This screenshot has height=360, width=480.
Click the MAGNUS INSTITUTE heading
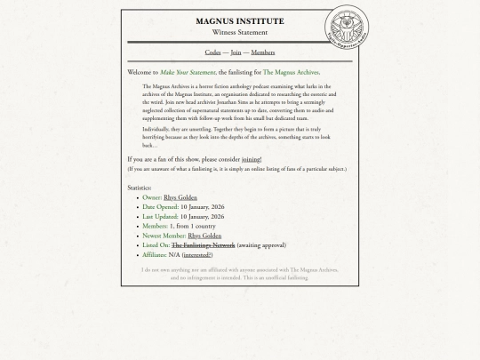(239, 21)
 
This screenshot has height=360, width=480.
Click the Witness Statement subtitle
(239, 33)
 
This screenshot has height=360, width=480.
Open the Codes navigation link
(212, 52)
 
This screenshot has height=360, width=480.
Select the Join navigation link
(236, 52)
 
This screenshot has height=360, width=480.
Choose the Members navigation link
(262, 52)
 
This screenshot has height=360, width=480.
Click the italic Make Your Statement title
(188, 72)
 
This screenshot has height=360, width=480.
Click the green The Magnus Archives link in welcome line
(291, 72)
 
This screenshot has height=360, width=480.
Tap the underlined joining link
(251, 159)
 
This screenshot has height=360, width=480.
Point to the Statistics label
(140, 188)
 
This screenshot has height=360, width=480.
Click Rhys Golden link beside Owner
(180, 197)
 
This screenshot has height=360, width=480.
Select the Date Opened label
(160, 207)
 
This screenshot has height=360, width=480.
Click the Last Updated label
(160, 217)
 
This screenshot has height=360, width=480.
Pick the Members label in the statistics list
(155, 226)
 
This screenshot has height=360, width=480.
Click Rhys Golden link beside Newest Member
(204, 236)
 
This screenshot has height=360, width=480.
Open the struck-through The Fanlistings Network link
(203, 245)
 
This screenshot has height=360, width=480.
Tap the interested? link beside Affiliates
(197, 255)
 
